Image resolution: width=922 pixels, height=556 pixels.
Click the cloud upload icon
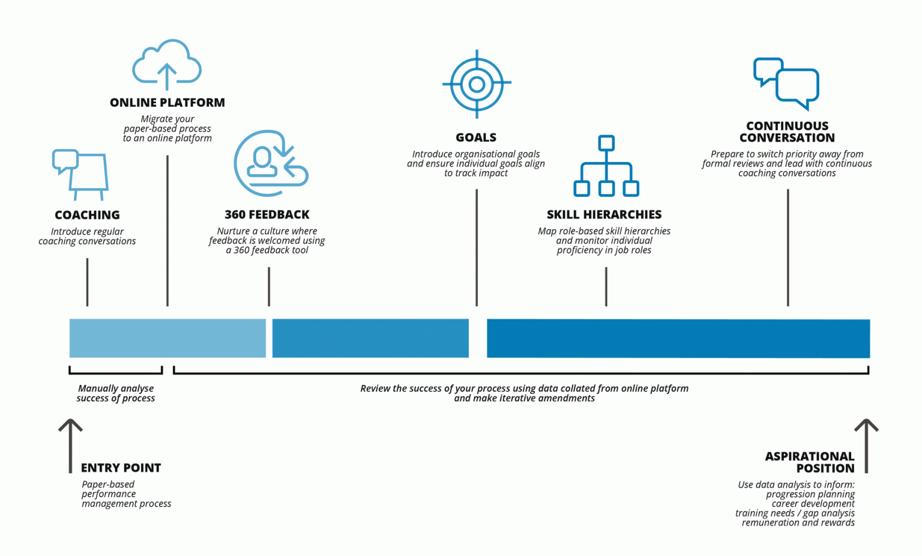coord(167,64)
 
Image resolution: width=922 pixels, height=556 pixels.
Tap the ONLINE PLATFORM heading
coord(167,103)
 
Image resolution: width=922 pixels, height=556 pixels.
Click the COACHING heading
coord(87,215)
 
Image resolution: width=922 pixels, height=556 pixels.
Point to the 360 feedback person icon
coord(270,163)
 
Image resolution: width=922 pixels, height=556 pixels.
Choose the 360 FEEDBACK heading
coord(267,214)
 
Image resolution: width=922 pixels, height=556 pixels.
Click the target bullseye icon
coord(477,84)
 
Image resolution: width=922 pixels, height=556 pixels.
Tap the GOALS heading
coord(476,137)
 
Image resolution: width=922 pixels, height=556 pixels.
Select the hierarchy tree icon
coord(606,166)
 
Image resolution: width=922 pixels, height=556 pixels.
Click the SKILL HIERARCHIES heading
coord(604,214)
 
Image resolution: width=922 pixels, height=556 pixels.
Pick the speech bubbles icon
coord(786,83)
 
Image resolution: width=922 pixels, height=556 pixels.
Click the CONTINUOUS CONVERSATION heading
coord(787,131)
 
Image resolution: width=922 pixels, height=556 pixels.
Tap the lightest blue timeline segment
coord(167,338)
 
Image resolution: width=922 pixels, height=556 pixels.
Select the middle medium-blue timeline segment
coord(370,338)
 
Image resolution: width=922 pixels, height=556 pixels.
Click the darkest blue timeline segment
coord(678,338)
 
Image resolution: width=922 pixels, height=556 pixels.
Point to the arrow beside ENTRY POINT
coord(70,445)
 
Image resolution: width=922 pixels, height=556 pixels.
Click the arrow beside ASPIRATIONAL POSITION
coord(866,445)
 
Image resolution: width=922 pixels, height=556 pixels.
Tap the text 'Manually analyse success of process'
coord(116,393)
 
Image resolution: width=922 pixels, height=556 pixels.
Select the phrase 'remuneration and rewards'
coord(798,522)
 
